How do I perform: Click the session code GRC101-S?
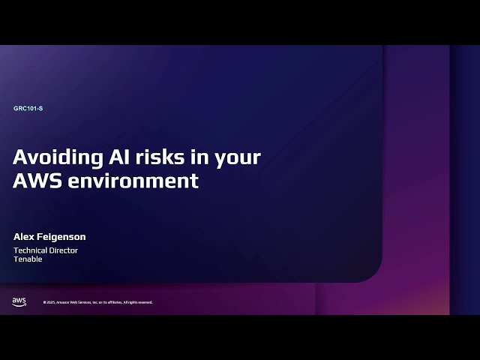click(x=28, y=109)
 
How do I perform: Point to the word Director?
click(x=63, y=250)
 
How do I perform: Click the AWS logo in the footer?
click(x=19, y=301)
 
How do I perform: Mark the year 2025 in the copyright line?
click(x=50, y=302)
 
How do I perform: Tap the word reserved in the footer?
click(x=145, y=302)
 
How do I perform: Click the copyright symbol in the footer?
click(x=44, y=302)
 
